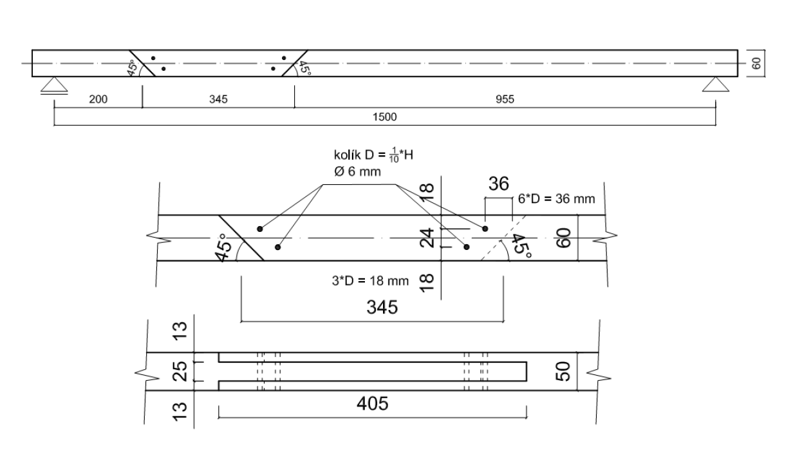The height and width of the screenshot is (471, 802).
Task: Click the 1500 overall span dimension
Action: point(384,117)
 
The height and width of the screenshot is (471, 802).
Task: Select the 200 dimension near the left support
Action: point(98,99)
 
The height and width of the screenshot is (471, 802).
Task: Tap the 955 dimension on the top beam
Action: point(505,99)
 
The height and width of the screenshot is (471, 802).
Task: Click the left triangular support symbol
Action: point(53,84)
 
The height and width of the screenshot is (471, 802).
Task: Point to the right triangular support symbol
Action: point(715,84)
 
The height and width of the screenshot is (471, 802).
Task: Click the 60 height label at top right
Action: point(757,63)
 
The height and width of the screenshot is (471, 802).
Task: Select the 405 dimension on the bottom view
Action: point(373,405)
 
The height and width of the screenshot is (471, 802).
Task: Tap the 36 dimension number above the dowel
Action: point(498,185)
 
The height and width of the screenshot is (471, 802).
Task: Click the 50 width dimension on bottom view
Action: point(564,371)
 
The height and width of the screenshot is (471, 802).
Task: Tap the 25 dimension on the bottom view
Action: point(181,372)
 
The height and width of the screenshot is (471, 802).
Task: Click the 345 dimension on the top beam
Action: point(218,99)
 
